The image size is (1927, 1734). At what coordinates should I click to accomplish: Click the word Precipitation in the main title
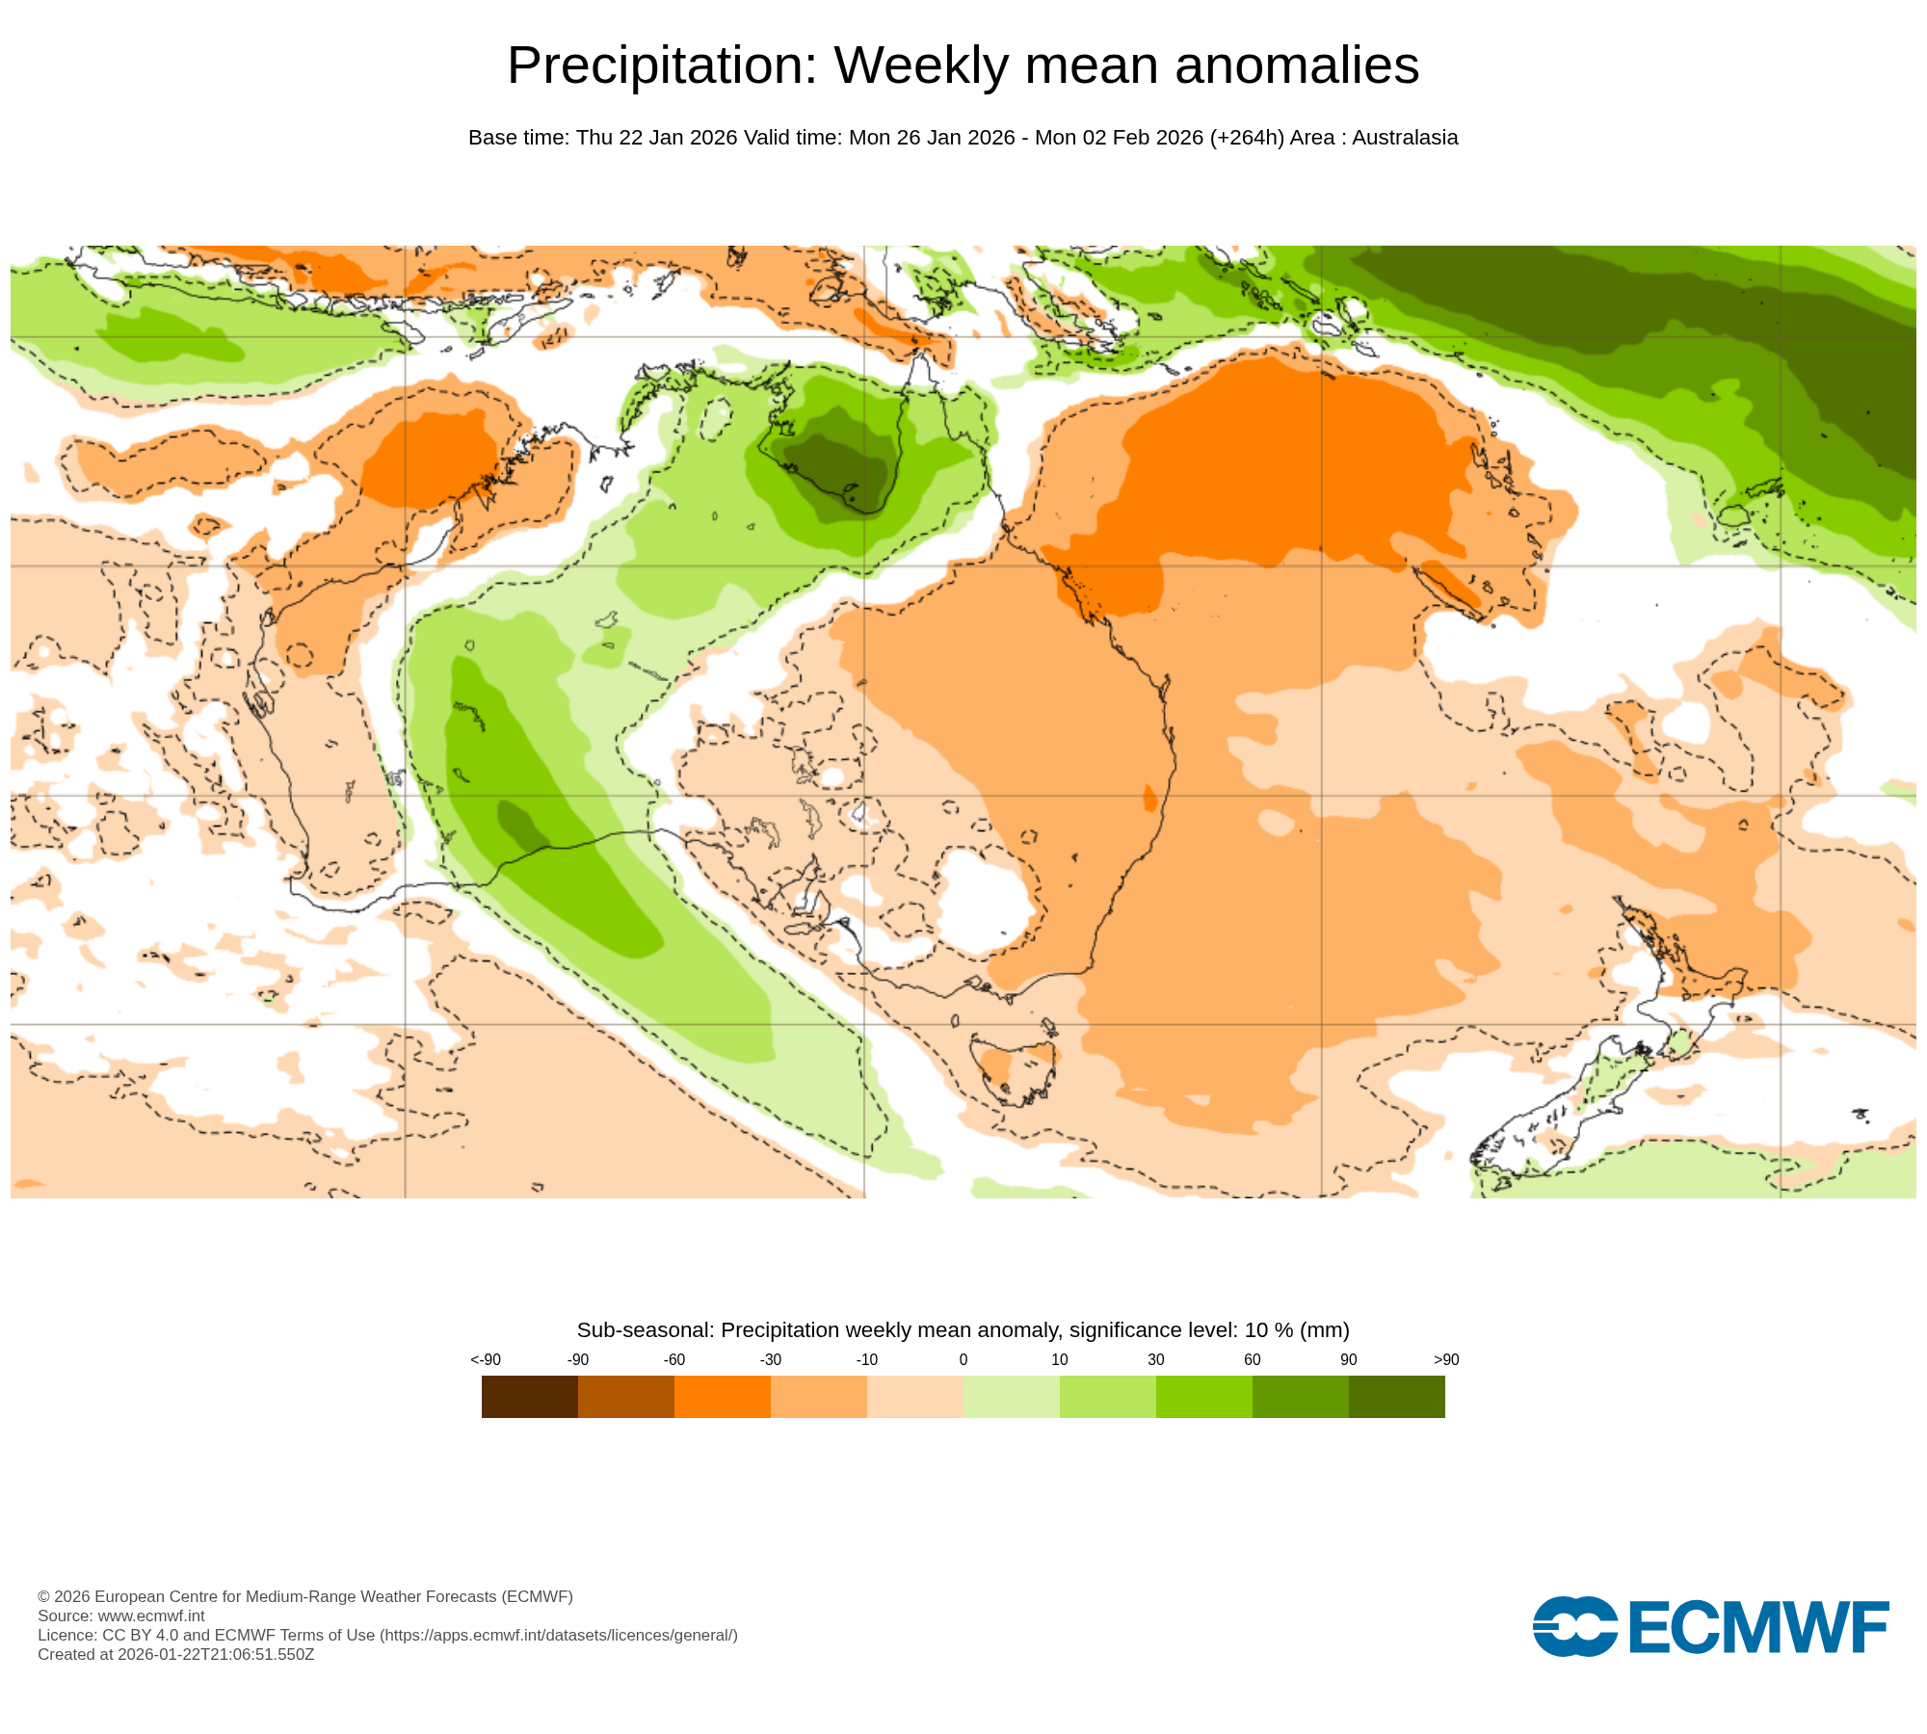click(x=661, y=66)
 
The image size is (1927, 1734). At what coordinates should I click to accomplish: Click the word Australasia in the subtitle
click(x=1405, y=138)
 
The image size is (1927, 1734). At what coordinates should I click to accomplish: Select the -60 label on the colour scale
click(x=674, y=1359)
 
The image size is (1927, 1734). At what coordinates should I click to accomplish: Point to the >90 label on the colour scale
click(x=1446, y=1359)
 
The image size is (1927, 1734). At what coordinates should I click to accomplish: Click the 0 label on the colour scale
click(x=963, y=1359)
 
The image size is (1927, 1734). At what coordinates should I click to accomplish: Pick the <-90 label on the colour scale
click(x=486, y=1359)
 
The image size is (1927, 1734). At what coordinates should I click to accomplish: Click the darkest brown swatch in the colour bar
click(x=530, y=1396)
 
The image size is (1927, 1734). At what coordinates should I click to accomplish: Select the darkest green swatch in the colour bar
click(x=1397, y=1396)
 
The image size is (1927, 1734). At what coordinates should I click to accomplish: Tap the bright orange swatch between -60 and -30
click(x=723, y=1396)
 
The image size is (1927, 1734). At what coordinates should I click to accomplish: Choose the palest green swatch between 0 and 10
click(x=1012, y=1396)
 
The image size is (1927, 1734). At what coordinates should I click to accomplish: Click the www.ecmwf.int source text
click(x=151, y=1616)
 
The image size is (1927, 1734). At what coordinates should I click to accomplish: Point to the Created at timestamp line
click(x=175, y=1654)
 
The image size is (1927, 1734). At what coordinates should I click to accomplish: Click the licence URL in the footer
click(x=559, y=1635)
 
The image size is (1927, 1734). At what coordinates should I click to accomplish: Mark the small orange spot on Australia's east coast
click(x=1149, y=799)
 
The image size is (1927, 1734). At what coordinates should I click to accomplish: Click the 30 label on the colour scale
click(x=1156, y=1359)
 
